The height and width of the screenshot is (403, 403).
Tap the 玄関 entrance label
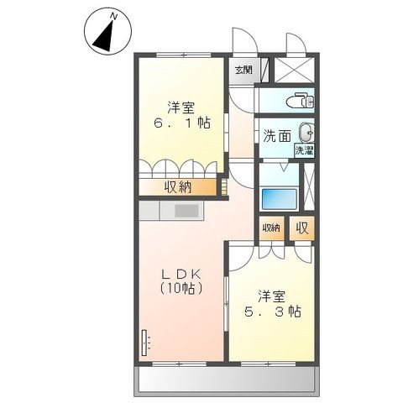point(243,71)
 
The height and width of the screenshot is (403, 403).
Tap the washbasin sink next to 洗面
point(306,131)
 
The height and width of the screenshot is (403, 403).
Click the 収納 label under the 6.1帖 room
point(177,186)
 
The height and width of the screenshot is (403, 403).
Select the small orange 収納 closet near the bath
point(270,228)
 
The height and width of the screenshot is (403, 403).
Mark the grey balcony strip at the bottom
point(228,382)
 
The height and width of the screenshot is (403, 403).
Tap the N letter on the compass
point(116,14)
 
